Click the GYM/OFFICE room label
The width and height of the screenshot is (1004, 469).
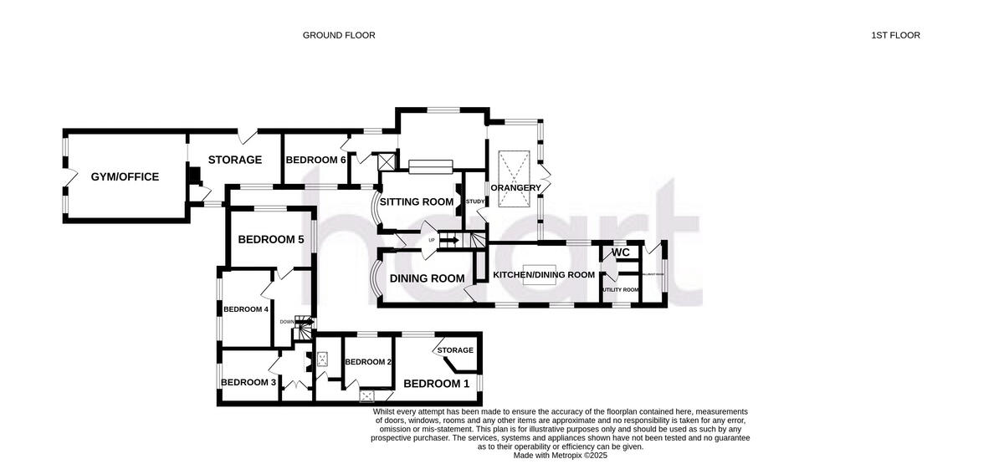click(x=125, y=176)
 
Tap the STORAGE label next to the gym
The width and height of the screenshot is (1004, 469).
click(x=235, y=160)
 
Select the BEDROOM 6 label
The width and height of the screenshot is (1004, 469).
click(x=315, y=160)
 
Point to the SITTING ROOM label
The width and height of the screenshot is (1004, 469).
click(x=417, y=201)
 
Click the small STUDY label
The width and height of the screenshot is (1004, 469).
click(x=475, y=201)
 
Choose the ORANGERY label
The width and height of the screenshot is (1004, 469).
click(x=515, y=187)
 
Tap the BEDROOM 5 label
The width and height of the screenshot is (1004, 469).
click(x=270, y=239)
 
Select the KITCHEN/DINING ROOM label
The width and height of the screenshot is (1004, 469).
click(x=544, y=274)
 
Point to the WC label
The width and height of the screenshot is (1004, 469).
click(x=621, y=252)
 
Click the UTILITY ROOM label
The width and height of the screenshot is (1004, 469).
click(x=620, y=290)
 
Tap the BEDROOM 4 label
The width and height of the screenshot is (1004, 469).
click(x=243, y=308)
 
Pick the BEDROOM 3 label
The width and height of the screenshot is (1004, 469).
click(x=248, y=382)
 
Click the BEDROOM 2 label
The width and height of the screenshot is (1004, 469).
click(x=369, y=362)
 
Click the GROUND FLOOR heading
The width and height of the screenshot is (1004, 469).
click(x=339, y=35)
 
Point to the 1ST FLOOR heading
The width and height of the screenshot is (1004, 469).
click(x=895, y=35)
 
